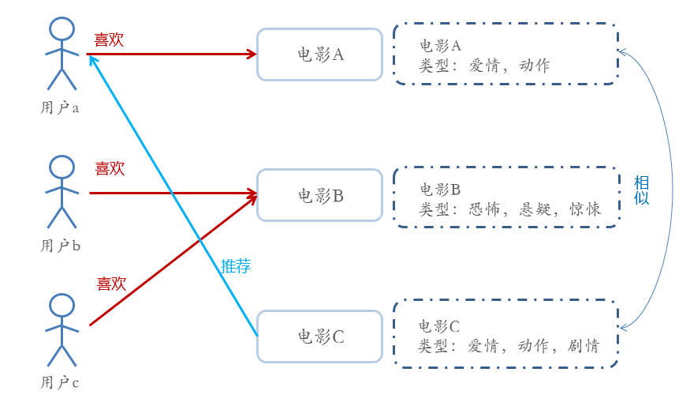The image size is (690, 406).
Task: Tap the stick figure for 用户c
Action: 62,329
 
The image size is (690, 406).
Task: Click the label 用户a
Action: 60,107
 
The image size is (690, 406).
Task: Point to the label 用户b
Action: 61,246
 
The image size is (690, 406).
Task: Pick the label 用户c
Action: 60,383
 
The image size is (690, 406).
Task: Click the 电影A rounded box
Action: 319,55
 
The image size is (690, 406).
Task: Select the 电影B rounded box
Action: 319,195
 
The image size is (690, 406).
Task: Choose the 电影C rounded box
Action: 319,336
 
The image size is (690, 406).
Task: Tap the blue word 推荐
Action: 236,266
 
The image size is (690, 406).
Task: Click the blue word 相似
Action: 642,190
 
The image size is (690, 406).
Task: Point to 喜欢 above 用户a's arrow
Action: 109,40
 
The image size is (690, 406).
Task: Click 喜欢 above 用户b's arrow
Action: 110,168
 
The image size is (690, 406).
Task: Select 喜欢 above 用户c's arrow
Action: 111,284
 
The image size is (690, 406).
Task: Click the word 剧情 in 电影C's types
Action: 583,346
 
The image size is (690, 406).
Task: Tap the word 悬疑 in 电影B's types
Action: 537,209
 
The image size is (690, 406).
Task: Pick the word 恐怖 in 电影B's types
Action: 485,209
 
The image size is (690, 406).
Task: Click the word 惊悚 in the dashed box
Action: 584,209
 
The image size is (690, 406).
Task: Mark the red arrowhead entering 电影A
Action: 252,54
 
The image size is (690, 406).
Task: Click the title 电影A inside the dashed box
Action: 439,45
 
